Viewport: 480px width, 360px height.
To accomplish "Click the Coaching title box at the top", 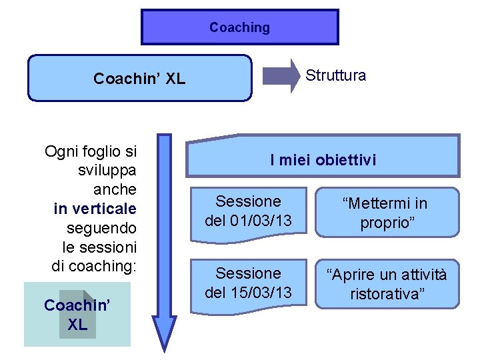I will [x=240, y=27].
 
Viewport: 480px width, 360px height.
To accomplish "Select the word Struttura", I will [x=335, y=75].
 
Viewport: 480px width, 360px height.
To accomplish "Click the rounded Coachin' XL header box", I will [x=139, y=79].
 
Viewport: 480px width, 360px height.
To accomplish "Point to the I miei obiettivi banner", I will [x=323, y=159].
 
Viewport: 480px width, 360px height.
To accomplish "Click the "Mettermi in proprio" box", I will [x=387, y=213].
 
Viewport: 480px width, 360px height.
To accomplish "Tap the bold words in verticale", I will [x=95, y=209].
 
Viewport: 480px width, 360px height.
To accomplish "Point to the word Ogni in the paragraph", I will [x=59, y=151].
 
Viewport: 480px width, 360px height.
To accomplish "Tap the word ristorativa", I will [x=387, y=294].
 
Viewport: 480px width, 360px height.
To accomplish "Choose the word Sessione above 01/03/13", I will [x=248, y=201].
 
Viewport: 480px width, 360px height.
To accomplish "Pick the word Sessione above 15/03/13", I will [x=248, y=273].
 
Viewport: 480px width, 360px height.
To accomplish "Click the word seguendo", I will [x=101, y=228].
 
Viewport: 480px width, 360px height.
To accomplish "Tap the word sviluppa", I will [x=107, y=170].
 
